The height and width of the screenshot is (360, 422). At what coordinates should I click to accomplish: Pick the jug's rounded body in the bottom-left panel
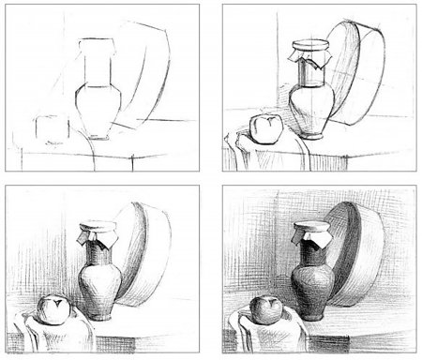[98, 286]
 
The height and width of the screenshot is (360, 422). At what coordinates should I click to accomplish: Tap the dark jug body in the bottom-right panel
[312, 286]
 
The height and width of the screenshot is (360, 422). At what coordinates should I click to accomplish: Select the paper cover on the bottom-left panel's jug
[97, 233]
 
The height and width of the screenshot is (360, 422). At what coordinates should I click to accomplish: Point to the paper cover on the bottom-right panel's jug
[312, 232]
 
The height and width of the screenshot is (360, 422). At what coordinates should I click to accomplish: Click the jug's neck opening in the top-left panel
[95, 43]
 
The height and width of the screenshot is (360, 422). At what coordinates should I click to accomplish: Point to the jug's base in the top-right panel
[311, 135]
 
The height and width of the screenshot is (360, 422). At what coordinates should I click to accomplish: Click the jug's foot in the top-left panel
[94, 136]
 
